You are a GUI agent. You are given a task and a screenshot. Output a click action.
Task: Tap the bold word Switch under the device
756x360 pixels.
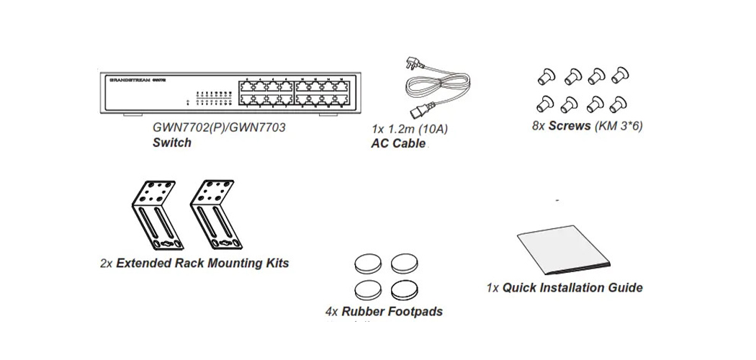tap(172, 143)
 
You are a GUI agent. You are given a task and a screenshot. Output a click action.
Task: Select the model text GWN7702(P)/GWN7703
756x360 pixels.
tap(220, 127)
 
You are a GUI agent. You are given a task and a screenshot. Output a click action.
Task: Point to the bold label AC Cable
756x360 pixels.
tap(398, 143)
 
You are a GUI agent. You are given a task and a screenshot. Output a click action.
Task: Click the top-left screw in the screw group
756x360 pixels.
tap(546, 73)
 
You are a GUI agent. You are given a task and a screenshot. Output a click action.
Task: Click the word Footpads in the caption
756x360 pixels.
tap(415, 312)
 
